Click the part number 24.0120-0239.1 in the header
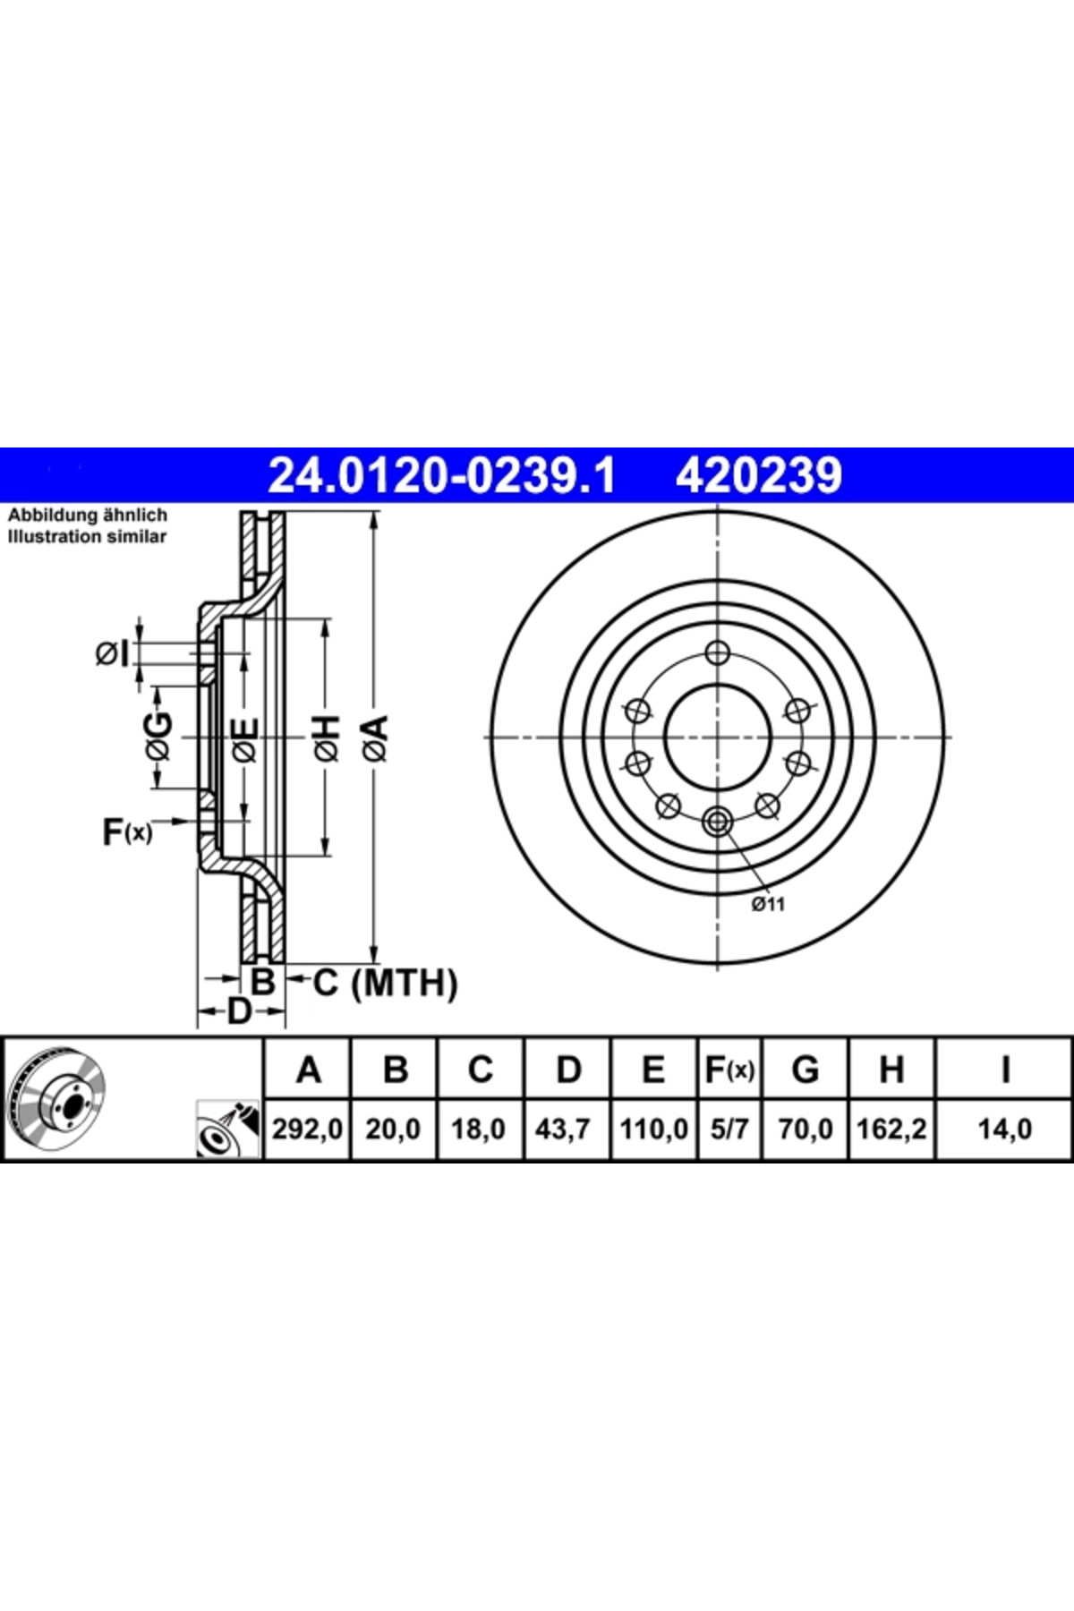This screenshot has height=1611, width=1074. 442,475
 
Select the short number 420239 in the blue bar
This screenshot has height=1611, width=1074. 759,475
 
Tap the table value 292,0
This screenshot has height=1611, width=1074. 308,1129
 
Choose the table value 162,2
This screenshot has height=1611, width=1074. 891,1129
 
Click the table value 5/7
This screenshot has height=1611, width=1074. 729,1129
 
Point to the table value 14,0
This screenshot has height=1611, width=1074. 1004,1129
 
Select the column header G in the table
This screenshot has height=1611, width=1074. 805,1070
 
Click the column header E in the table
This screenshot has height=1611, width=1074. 654,1070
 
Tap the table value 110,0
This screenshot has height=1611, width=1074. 654,1129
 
